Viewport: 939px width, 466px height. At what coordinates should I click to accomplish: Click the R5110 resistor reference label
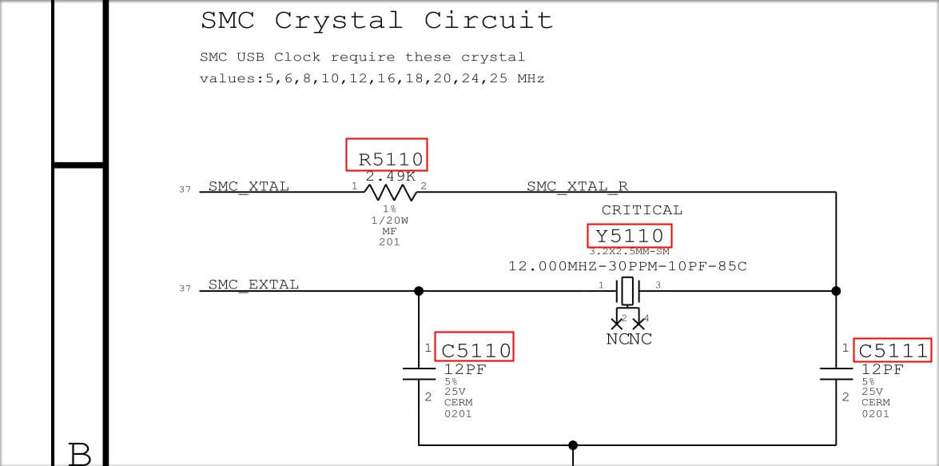(x=391, y=159)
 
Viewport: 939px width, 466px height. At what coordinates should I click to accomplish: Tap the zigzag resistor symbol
(x=391, y=193)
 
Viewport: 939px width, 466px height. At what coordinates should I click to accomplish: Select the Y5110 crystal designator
(x=630, y=235)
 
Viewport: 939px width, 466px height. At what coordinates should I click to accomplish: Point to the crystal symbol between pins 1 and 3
(x=627, y=291)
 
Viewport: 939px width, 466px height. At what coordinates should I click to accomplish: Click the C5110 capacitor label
(x=476, y=350)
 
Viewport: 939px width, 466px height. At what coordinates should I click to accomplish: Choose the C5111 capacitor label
(x=893, y=350)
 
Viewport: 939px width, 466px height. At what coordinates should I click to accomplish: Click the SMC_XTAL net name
(x=249, y=186)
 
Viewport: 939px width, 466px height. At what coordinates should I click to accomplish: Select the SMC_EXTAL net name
(x=253, y=285)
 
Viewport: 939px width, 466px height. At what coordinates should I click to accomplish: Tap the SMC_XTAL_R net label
(x=577, y=186)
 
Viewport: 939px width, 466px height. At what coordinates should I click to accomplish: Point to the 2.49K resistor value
(x=391, y=177)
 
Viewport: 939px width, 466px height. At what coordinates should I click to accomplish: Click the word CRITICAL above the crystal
(x=642, y=210)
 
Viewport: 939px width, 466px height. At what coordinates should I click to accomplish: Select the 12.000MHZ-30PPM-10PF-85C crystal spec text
(x=627, y=266)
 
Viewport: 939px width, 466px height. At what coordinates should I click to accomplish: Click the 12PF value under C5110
(x=465, y=369)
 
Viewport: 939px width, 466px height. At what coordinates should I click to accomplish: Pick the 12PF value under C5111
(x=883, y=369)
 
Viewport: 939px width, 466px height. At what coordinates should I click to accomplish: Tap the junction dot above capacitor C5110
(x=419, y=291)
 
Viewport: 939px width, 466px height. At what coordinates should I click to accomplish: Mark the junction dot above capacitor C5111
(x=836, y=291)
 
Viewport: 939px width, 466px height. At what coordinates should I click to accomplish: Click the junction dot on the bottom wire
(x=573, y=445)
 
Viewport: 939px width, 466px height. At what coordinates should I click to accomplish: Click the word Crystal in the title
(x=338, y=21)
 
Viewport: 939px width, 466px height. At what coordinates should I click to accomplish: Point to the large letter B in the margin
(x=80, y=455)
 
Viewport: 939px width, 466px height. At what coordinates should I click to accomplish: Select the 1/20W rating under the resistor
(x=390, y=221)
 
